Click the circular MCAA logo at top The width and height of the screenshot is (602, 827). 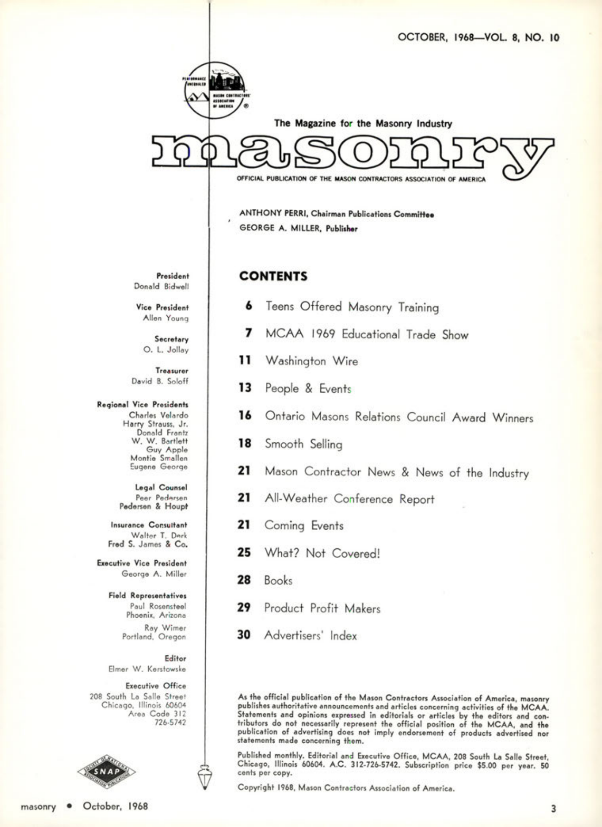click(x=215, y=90)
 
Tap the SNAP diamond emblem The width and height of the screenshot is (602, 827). click(x=106, y=772)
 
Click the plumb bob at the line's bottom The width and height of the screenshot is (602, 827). click(x=204, y=775)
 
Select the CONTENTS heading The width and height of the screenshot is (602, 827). click(x=273, y=277)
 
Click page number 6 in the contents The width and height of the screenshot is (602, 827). click(x=249, y=305)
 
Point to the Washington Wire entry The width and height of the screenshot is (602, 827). click(x=311, y=361)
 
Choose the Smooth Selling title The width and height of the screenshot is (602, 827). click(x=303, y=444)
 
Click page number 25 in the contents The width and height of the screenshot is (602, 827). click(x=244, y=553)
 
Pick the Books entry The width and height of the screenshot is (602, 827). click(x=278, y=580)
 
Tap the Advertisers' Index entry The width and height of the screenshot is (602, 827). click(x=310, y=635)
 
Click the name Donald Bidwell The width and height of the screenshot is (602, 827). click(x=161, y=286)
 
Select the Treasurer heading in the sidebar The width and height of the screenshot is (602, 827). click(x=172, y=371)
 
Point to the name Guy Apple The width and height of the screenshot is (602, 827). click(x=167, y=449)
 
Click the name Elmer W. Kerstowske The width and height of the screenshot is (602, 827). click(x=147, y=669)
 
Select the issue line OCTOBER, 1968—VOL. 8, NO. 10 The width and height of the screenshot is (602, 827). click(x=478, y=38)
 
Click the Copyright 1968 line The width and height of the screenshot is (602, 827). click(x=346, y=788)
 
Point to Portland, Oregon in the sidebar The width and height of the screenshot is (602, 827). click(x=154, y=637)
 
